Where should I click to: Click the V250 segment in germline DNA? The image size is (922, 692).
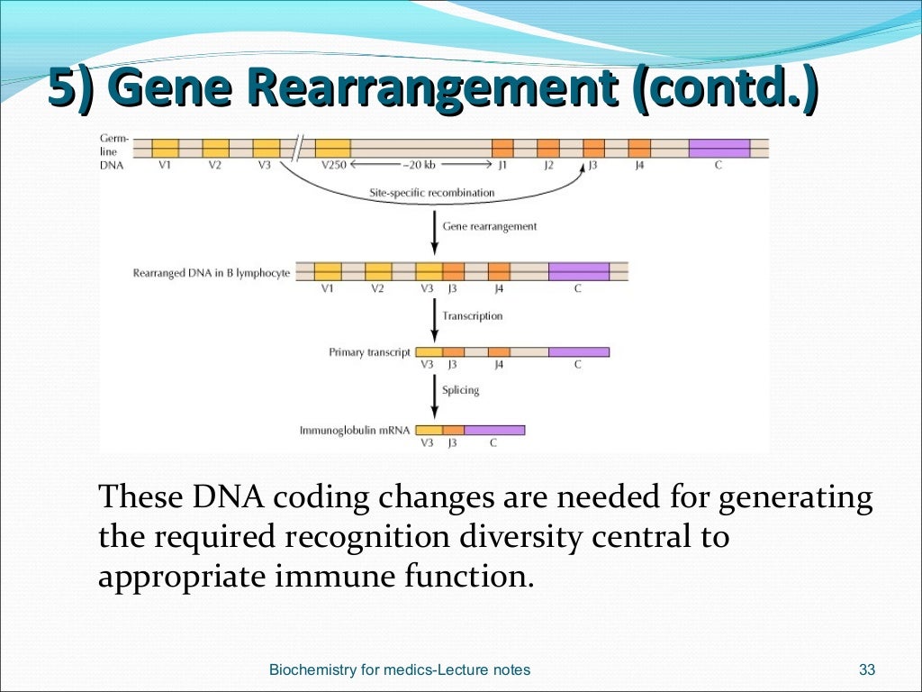tap(333, 148)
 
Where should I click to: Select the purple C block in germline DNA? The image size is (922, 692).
tap(719, 148)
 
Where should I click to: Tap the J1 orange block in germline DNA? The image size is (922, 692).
tap(502, 148)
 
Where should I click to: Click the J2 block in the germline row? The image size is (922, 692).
tap(548, 148)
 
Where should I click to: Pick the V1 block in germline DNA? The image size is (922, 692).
tap(165, 148)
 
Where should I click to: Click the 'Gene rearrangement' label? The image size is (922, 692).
tap(490, 226)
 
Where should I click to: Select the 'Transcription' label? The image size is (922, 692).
tap(473, 316)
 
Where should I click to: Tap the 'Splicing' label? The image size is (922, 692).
tap(460, 390)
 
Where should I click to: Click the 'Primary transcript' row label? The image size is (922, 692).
tap(369, 352)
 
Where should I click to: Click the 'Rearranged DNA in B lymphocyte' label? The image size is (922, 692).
tap(212, 272)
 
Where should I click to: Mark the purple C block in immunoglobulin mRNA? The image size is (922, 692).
tap(493, 431)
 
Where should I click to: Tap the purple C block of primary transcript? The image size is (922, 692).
tap(578, 352)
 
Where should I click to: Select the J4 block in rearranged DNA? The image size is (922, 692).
tap(499, 272)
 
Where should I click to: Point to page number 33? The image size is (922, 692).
tap(867, 669)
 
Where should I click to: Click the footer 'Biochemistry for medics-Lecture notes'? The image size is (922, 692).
tap(400, 669)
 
